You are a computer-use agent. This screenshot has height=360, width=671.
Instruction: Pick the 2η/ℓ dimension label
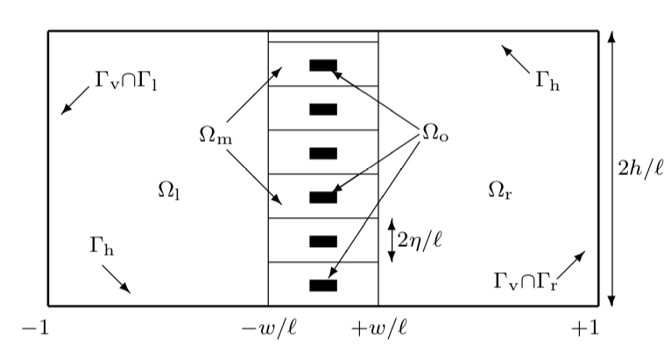[419, 239]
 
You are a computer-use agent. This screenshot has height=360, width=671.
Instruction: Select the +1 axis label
[584, 328]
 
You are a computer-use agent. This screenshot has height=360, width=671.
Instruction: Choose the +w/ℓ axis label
[378, 328]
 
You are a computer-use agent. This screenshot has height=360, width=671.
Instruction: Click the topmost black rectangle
[323, 65]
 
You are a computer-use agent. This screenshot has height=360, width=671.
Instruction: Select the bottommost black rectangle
[323, 285]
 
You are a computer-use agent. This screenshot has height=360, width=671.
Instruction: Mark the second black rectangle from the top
[323, 109]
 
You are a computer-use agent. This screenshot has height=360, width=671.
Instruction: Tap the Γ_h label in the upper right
[547, 81]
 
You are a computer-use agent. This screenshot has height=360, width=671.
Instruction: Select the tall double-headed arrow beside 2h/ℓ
[611, 167]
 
